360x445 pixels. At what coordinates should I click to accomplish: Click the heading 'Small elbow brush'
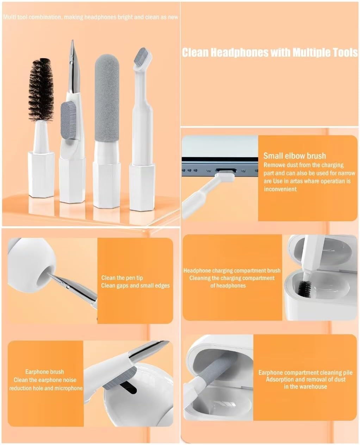[294, 156]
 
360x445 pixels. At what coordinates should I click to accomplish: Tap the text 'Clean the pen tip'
[122, 278]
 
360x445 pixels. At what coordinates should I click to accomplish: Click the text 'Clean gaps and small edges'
[135, 285]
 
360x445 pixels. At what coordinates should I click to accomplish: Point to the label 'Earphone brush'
[44, 372]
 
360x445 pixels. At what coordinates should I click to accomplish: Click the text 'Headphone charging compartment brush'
[232, 271]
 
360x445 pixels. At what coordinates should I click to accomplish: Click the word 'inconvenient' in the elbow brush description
[280, 189]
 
